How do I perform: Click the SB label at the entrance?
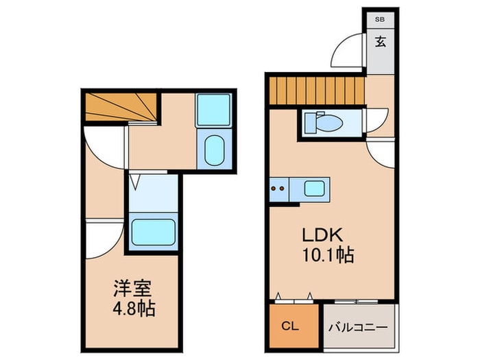[x=380, y=21]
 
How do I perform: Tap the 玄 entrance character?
[x=380, y=41]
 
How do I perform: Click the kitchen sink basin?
[x=316, y=187]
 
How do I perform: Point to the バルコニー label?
[x=359, y=328]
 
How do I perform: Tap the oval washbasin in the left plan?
[x=213, y=150]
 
